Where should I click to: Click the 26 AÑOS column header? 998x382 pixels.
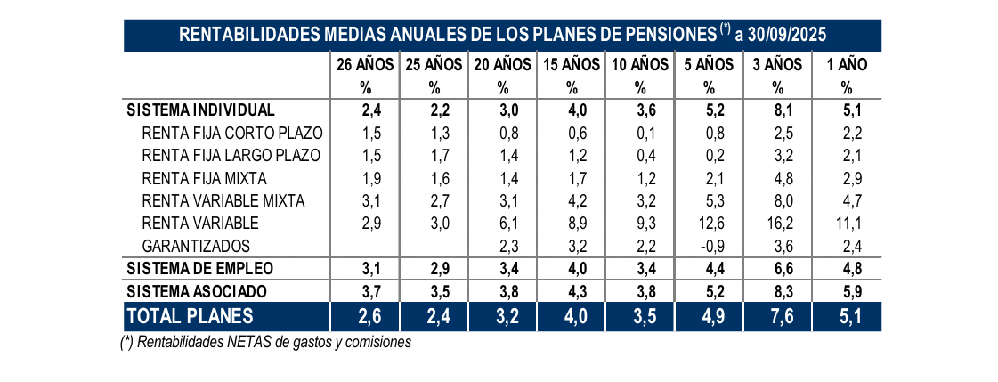click(x=365, y=64)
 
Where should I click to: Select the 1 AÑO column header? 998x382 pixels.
click(x=847, y=64)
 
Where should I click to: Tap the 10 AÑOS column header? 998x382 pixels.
click(x=640, y=64)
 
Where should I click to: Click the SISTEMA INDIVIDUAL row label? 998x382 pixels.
click(x=201, y=110)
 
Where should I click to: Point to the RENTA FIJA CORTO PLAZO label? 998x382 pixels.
click(x=231, y=133)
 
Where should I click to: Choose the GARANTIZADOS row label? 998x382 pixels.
click(x=196, y=245)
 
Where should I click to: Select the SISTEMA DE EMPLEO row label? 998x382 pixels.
click(x=200, y=268)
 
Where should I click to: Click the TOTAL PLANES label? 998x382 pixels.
click(x=191, y=316)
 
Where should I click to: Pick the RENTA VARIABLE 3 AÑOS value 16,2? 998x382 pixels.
click(x=777, y=223)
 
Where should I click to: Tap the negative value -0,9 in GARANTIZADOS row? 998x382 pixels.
click(x=709, y=245)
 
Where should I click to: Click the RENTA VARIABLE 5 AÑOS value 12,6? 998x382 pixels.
click(x=709, y=223)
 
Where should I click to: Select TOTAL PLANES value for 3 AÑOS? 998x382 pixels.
click(x=777, y=316)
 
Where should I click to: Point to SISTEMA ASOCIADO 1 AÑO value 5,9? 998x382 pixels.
click(x=847, y=291)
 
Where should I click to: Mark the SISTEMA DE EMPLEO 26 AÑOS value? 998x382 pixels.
click(x=365, y=268)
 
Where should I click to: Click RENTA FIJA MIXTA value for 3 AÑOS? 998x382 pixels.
click(x=777, y=178)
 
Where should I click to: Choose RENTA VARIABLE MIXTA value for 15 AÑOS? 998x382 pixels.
click(x=572, y=200)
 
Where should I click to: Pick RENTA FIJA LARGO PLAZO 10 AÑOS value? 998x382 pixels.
click(x=640, y=155)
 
